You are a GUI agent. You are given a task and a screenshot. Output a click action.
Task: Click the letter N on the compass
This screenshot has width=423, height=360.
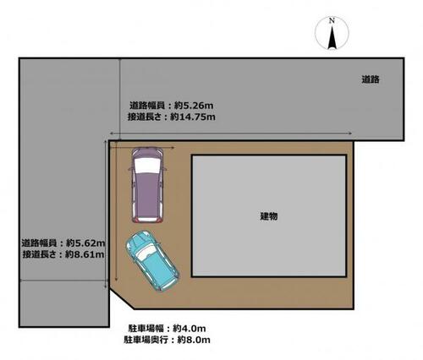[x=332, y=20]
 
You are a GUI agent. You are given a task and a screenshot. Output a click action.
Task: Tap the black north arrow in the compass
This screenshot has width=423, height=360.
[x=332, y=37]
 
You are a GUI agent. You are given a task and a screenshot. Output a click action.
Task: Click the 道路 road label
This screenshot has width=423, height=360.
[x=371, y=79]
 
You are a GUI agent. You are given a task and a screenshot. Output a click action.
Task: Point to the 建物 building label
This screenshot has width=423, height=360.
[x=269, y=216]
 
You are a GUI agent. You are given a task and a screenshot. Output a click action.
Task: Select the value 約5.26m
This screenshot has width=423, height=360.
[x=194, y=106]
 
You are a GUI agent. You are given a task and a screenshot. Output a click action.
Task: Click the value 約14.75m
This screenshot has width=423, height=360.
[x=193, y=117]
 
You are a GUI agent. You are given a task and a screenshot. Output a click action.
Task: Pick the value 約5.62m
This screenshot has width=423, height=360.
[x=85, y=243]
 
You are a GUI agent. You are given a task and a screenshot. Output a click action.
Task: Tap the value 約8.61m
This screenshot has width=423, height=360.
[x=85, y=254]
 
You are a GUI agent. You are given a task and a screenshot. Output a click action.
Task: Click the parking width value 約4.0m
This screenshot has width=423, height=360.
[x=190, y=329]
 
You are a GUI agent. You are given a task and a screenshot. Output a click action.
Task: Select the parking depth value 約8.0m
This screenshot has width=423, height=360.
[x=194, y=340]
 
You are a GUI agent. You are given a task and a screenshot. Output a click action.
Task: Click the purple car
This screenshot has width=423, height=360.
[x=147, y=185]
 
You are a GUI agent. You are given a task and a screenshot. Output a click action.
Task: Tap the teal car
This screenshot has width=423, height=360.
[x=152, y=261]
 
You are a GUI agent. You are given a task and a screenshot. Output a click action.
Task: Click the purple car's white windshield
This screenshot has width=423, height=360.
[x=146, y=166]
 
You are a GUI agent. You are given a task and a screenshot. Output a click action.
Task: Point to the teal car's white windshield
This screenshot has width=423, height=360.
[x=146, y=252]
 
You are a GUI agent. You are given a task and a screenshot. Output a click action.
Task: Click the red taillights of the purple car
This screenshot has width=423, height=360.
[x=146, y=221]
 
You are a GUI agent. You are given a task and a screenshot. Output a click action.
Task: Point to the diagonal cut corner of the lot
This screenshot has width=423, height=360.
[x=122, y=298]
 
